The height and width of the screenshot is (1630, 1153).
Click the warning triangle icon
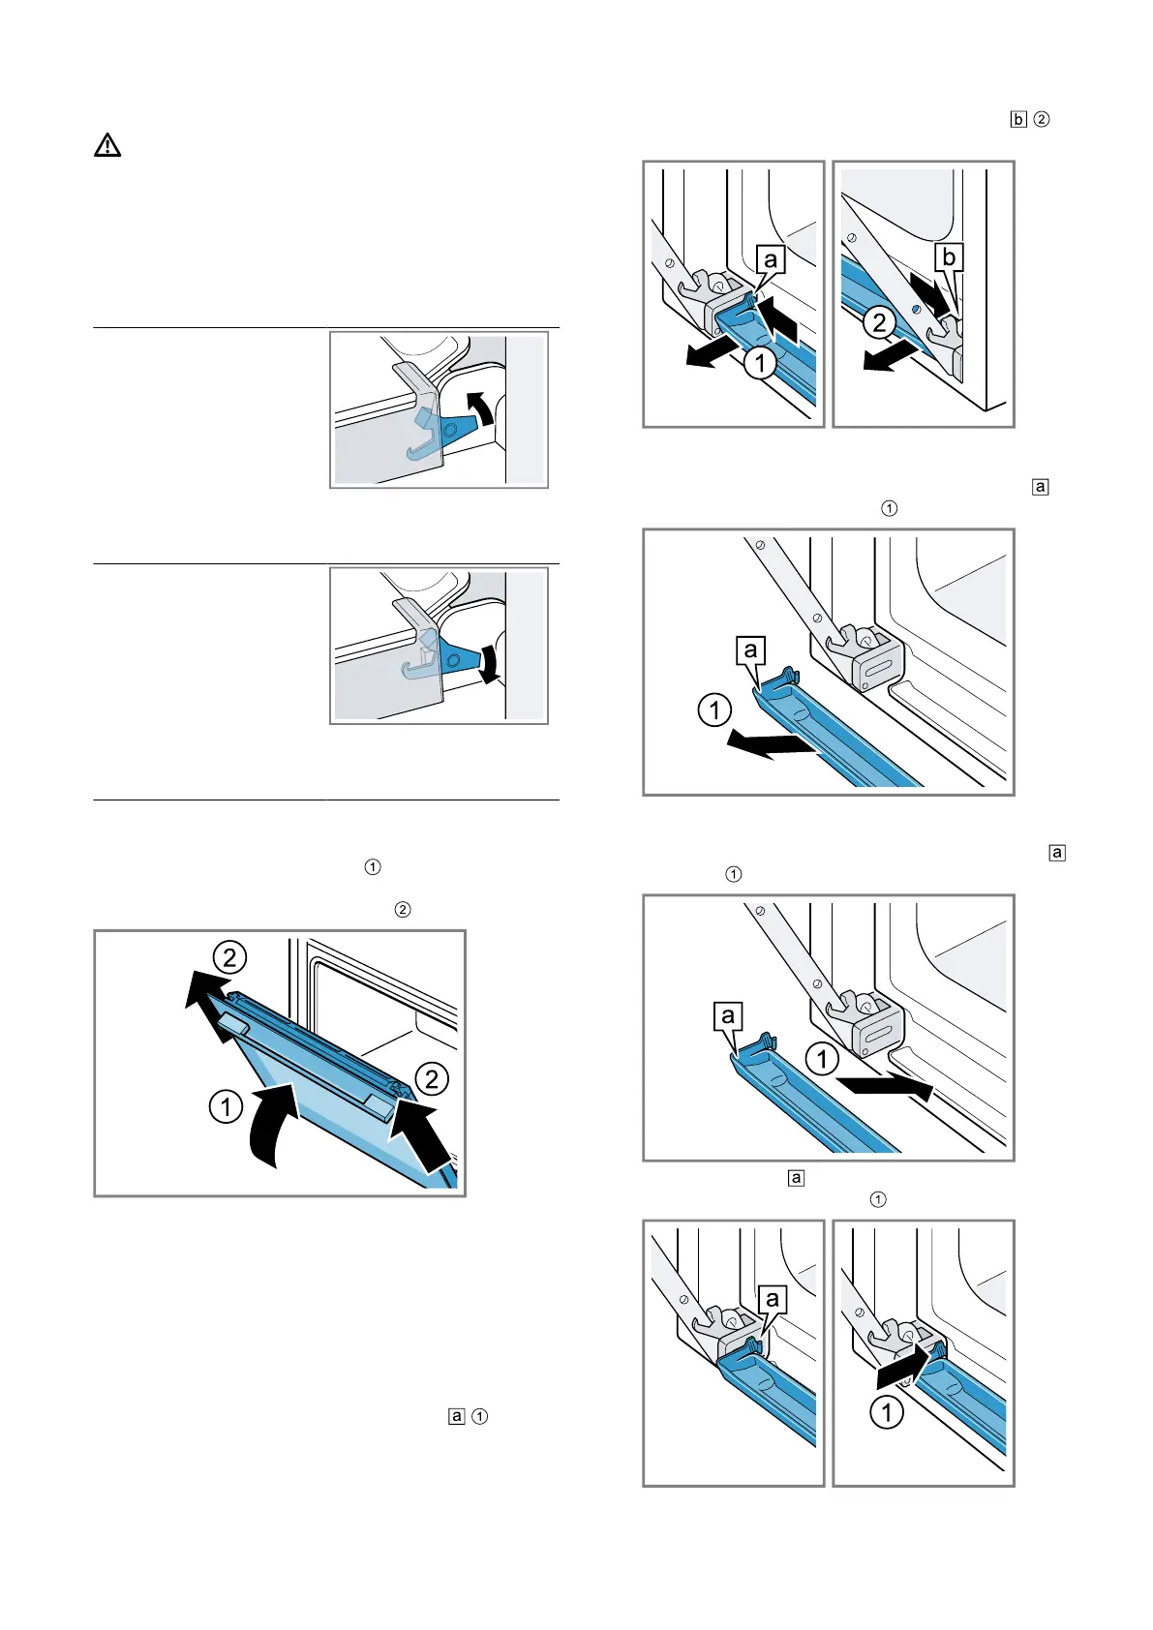click(107, 145)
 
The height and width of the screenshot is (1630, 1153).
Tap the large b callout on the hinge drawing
click(949, 257)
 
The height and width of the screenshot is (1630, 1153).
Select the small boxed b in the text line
click(1017, 120)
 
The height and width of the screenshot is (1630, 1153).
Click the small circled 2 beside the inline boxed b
click(1042, 120)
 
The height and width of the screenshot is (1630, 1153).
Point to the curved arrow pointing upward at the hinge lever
click(480, 408)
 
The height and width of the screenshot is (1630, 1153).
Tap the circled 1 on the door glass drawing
click(226, 1105)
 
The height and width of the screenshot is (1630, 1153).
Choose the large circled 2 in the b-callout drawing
click(879, 321)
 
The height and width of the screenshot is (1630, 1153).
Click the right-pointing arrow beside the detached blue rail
click(886, 1086)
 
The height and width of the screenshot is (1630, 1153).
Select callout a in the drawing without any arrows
click(772, 1299)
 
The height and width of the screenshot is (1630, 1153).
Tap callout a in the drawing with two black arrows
click(771, 259)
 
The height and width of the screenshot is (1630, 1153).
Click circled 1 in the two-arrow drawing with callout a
click(760, 363)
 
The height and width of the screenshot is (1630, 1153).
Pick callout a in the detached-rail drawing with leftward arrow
click(750, 649)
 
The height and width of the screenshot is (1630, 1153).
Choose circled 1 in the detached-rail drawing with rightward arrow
click(822, 1058)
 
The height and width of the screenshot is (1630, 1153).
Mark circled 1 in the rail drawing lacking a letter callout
click(886, 1412)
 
